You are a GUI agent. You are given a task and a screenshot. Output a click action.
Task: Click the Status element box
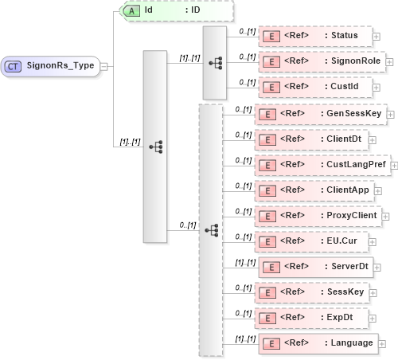(x=315, y=36)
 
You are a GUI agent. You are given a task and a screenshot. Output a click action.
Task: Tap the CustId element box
(x=314, y=85)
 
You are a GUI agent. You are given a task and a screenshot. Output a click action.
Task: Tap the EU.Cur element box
(x=310, y=241)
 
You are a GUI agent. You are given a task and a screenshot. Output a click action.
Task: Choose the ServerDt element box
(x=314, y=266)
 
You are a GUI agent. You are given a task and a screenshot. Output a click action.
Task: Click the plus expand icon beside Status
(x=377, y=37)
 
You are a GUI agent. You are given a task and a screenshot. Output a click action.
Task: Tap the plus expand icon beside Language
(x=382, y=343)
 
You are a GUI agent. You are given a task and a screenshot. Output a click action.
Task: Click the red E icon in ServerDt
(x=270, y=266)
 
